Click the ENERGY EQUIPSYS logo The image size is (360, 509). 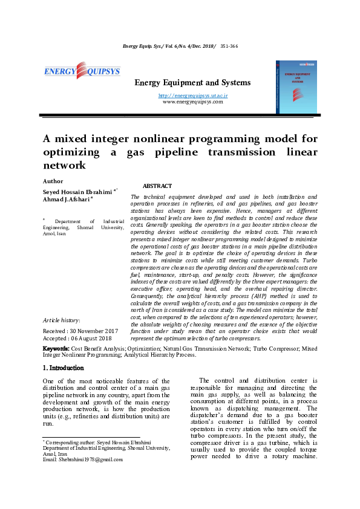82,71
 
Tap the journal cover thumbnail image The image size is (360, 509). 296,86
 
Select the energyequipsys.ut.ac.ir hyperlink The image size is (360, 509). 192,96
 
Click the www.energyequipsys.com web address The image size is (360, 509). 192,102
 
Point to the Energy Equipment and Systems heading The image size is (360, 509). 192,82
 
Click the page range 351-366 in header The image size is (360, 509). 229,46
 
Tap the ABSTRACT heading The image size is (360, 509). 157,186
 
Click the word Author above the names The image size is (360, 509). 53,181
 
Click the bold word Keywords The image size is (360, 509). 56,349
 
